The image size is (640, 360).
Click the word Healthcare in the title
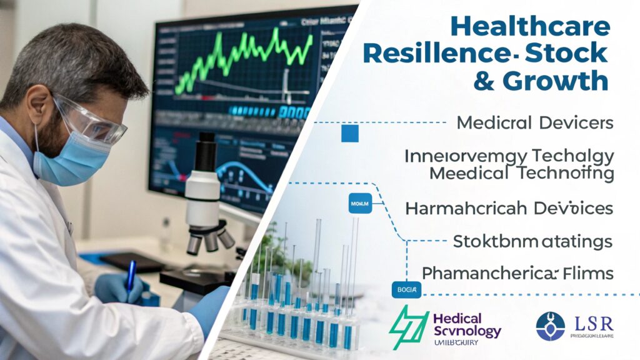[x=529, y=26]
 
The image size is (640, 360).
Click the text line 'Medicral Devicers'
[x=535, y=122]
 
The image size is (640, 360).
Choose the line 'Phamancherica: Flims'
[x=517, y=273]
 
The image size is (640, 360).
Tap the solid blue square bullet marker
[x=350, y=132]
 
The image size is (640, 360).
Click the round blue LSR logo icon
[x=550, y=326]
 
